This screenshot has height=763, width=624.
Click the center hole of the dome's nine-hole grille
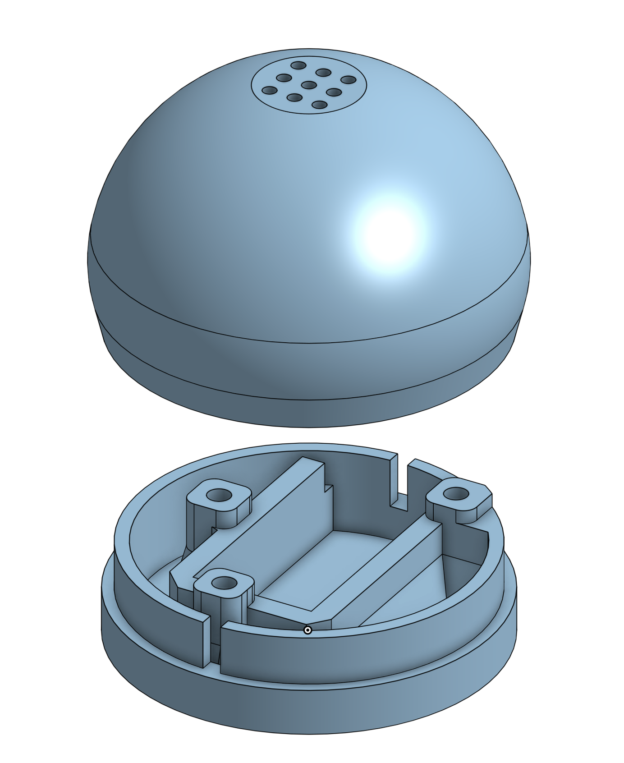309,85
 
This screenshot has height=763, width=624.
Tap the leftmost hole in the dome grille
270,91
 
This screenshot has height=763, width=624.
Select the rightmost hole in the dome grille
349,80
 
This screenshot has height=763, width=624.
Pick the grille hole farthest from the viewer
298,65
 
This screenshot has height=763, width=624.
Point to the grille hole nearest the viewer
319,105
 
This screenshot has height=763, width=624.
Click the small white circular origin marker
308,630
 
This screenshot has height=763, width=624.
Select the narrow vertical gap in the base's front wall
216,640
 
